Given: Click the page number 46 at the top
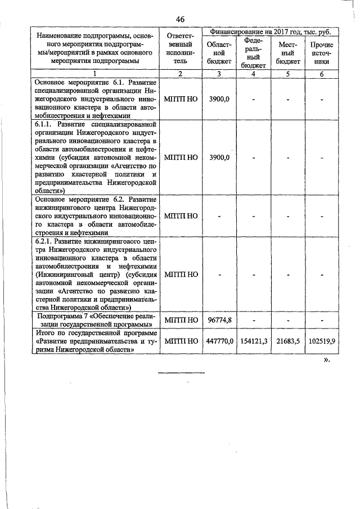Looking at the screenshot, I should tap(180, 19).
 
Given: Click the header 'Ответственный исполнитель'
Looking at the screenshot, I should tap(180, 48).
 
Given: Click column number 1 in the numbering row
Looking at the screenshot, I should tap(95, 74).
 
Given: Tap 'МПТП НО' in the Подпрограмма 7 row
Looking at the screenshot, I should tap(181, 320).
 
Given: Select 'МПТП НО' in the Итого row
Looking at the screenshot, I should tap(181, 341).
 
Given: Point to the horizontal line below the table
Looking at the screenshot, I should tap(181, 373).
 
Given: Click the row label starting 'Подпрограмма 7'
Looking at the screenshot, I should tap(95, 320).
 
